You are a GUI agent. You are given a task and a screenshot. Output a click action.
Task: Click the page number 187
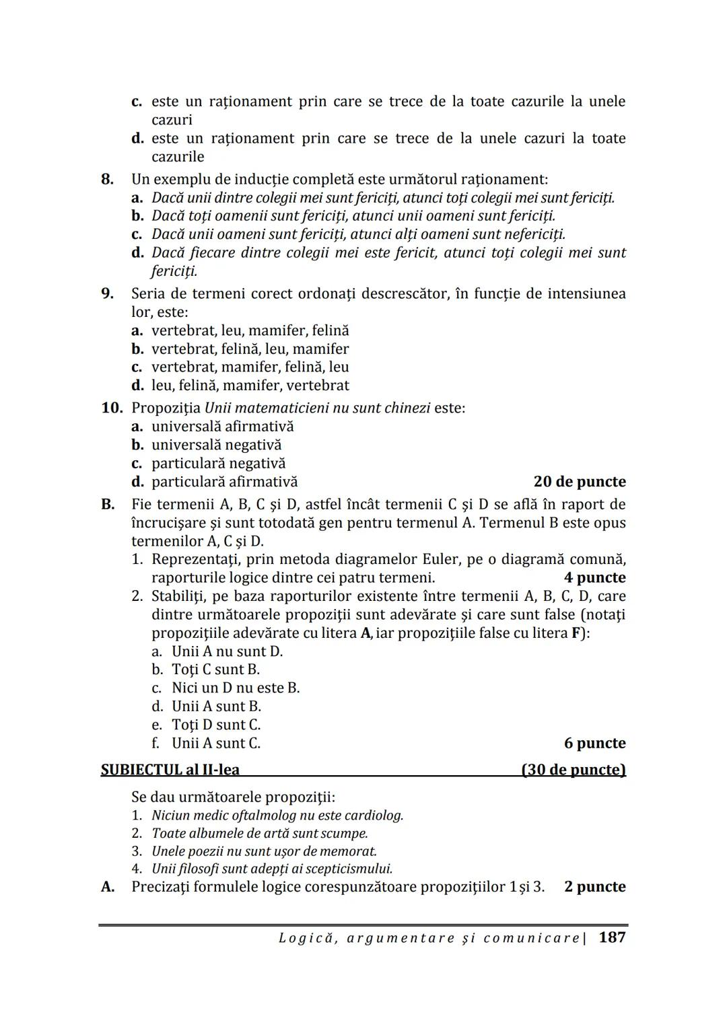click(611, 937)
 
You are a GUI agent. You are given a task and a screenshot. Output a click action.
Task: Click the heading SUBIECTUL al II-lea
click(170, 769)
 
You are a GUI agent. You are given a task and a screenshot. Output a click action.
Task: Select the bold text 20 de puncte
click(579, 482)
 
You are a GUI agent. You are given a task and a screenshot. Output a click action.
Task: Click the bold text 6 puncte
click(594, 743)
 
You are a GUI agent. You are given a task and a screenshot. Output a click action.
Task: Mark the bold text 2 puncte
click(594, 886)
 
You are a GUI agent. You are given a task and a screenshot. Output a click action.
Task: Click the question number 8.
click(107, 179)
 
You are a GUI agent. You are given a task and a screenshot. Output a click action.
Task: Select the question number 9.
click(107, 293)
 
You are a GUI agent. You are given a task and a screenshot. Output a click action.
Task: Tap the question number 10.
click(112, 408)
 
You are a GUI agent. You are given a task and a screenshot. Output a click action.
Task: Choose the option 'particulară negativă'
click(218, 463)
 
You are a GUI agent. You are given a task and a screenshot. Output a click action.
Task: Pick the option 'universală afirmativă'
click(222, 426)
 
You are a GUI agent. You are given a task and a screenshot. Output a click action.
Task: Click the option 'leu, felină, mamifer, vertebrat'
click(250, 385)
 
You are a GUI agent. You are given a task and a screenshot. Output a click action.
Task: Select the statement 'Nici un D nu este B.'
click(236, 688)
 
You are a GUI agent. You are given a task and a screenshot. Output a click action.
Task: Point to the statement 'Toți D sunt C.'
click(216, 725)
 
